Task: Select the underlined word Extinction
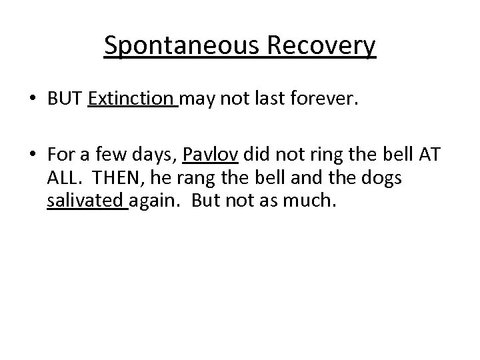pyautogui.click(x=131, y=100)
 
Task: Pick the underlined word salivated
pyautogui.click(x=87, y=201)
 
